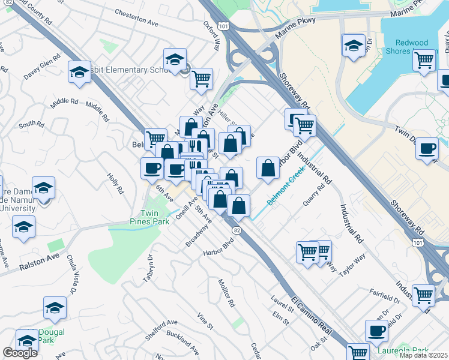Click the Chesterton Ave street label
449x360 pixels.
click(x=136, y=18)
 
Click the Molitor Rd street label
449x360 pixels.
click(x=226, y=293)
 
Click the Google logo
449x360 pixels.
click(x=20, y=353)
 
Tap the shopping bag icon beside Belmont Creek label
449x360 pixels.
click(x=267, y=168)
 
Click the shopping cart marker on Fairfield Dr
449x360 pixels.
click(x=423, y=295)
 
